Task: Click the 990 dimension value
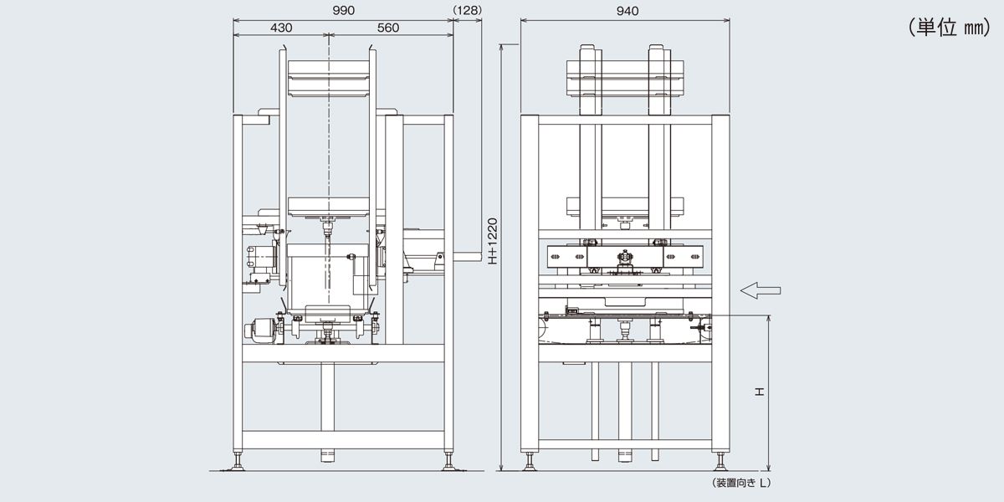click(343, 11)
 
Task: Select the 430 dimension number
click(281, 28)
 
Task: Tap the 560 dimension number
click(387, 28)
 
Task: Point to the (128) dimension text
click(468, 10)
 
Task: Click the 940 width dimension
click(627, 11)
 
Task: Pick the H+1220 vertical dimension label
click(493, 241)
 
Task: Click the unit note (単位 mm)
click(950, 28)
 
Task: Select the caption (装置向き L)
click(741, 483)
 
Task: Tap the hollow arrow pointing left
click(761, 290)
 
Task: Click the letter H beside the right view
click(759, 392)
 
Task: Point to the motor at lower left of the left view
click(260, 330)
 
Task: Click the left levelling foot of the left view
click(237, 462)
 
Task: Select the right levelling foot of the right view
click(720, 462)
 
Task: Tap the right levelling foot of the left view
click(448, 462)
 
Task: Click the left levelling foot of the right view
click(530, 462)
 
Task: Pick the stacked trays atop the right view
click(625, 79)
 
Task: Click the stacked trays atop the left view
click(328, 79)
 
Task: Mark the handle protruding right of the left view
click(468, 258)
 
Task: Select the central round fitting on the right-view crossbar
click(625, 259)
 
